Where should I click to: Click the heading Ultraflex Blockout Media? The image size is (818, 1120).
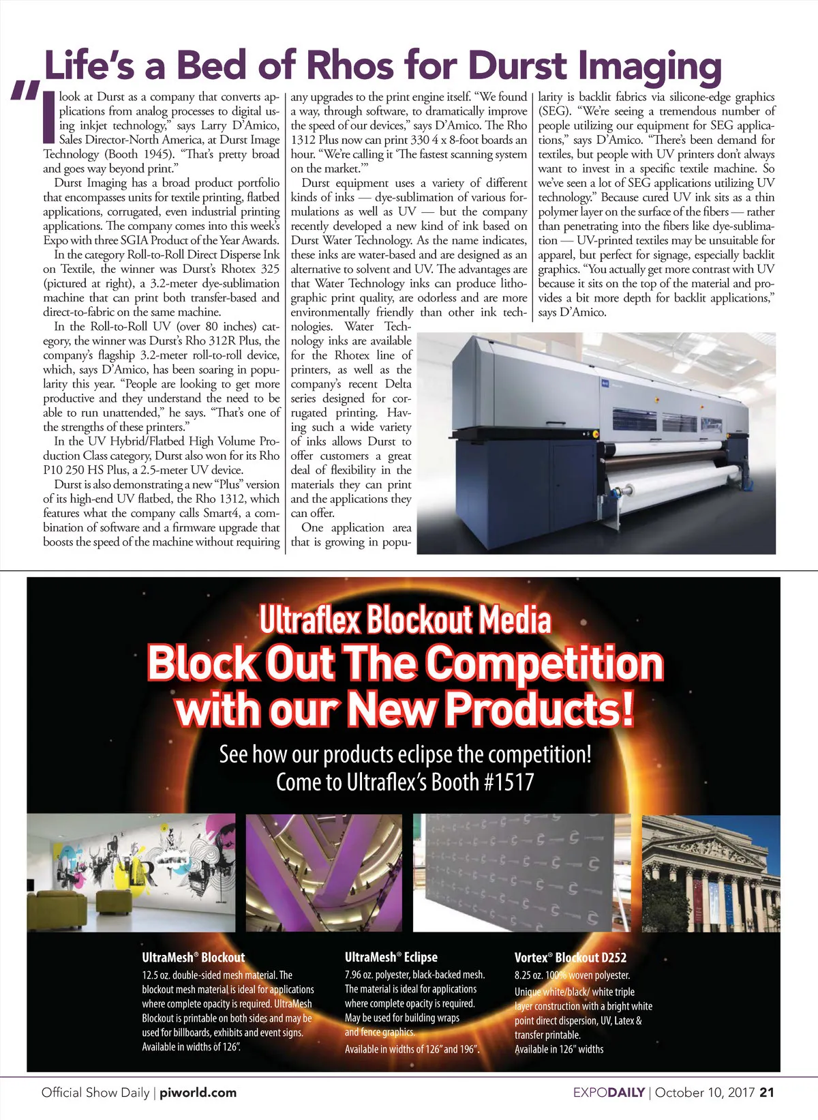click(405, 621)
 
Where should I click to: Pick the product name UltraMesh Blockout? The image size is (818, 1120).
click(193, 958)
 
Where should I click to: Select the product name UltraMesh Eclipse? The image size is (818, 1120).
click(391, 958)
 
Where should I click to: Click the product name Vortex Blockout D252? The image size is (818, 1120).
click(570, 958)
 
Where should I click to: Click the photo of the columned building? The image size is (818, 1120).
click(710, 873)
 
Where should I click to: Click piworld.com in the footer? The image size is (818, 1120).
click(198, 1092)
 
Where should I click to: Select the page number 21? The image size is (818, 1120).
click(766, 1092)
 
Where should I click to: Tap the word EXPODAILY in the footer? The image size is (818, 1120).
click(608, 1092)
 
